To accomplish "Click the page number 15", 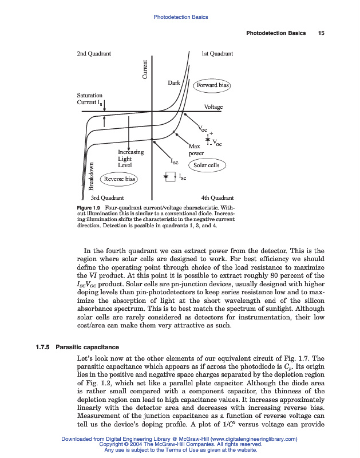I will click(321, 33).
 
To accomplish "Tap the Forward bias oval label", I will click(212, 85).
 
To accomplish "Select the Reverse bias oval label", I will click(120, 179).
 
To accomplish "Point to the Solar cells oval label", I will click(206, 165).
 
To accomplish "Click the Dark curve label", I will click(174, 83).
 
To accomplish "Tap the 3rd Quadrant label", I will click(108, 198).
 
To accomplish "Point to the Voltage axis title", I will click(213, 107).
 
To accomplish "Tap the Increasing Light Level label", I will click(130, 159).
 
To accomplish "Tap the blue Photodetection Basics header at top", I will click(180, 17).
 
